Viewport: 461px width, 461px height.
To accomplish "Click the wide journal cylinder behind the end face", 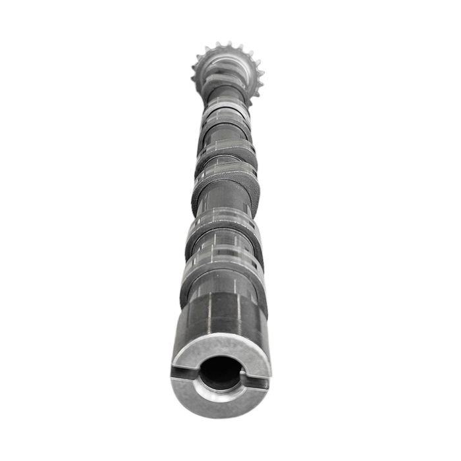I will (x=221, y=316).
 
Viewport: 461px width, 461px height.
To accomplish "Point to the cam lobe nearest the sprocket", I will (x=225, y=115).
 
